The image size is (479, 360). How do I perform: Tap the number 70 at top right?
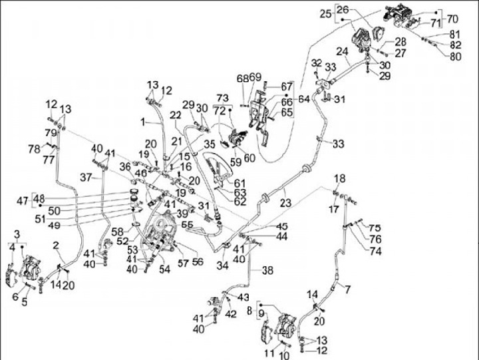point(453,17)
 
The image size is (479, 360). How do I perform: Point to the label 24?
point(342,52)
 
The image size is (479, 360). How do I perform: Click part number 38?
point(267,271)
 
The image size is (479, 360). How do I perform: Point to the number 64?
point(304,99)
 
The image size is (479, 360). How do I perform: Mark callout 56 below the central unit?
point(197,262)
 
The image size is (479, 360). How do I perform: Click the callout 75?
point(375,227)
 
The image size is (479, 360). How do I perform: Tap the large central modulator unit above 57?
point(161,230)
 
